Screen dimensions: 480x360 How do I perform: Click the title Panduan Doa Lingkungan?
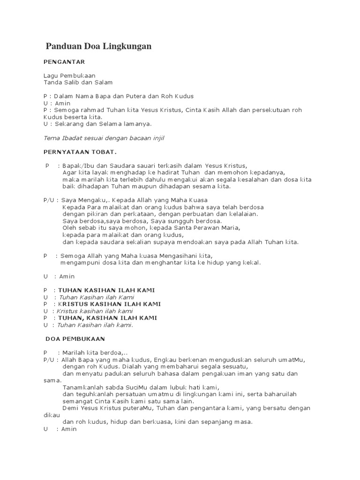pos(98,46)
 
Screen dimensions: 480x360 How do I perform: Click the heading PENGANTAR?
pos(64,61)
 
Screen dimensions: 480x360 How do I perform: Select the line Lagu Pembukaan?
pos(69,75)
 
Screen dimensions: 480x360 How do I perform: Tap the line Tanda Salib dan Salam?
pos(78,82)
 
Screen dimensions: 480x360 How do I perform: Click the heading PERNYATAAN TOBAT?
pos(80,152)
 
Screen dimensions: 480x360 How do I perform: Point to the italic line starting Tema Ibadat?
pos(104,138)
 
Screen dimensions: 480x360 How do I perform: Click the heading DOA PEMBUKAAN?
pos(75,338)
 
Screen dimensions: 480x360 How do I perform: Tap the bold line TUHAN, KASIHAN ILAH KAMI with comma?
pos(107,318)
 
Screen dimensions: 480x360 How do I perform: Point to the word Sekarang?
pos(67,124)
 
